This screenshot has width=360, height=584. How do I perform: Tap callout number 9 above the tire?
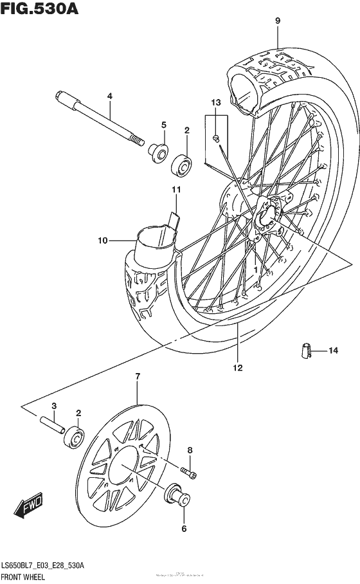click(x=278, y=21)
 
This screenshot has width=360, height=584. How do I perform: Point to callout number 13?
click(x=215, y=102)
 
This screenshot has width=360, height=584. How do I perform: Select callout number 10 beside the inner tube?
click(x=102, y=241)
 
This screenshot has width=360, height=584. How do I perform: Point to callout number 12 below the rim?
click(x=237, y=368)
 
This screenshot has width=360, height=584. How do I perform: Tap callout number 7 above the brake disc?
click(x=137, y=376)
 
